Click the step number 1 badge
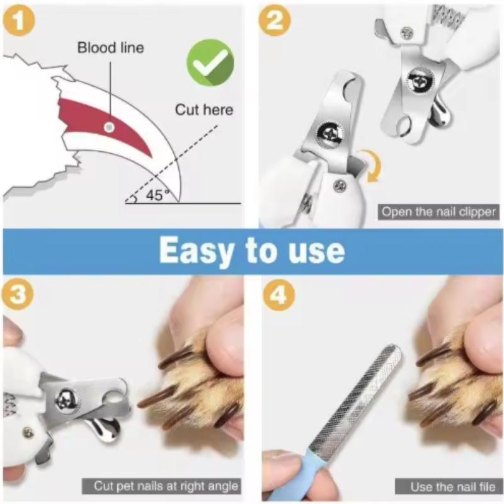20,21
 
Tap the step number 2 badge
275,21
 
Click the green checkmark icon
210,62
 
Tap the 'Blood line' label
110,48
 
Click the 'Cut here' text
203,110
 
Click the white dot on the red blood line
109,127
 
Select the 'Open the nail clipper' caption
438,212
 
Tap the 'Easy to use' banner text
251,250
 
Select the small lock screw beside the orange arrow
340,185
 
